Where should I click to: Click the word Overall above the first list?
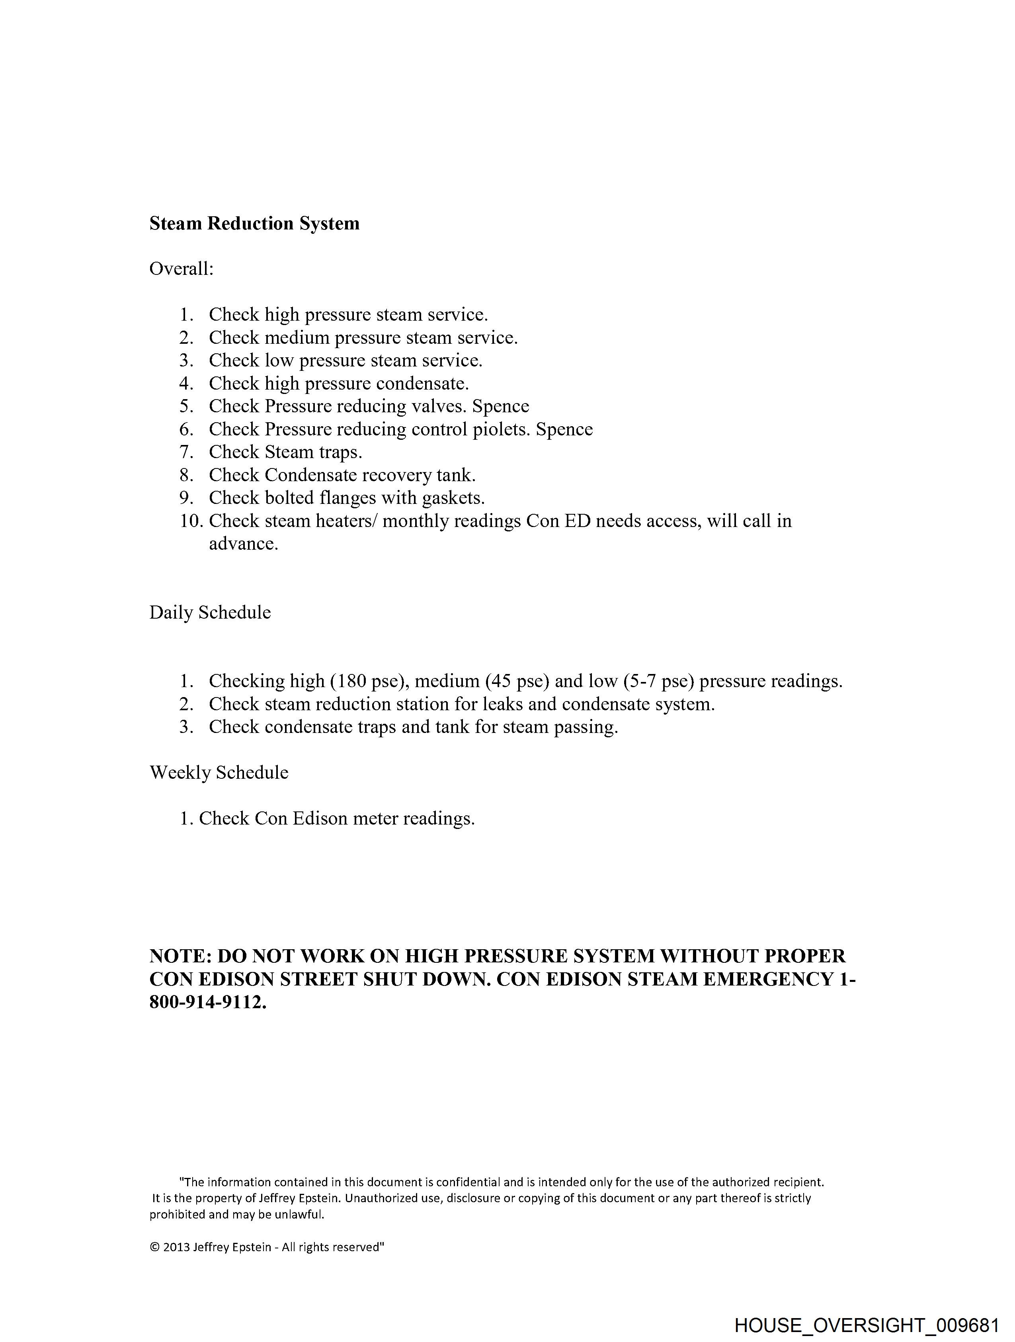point(180,269)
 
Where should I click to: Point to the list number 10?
point(191,521)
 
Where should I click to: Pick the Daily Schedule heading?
point(210,612)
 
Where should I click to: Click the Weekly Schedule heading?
point(219,772)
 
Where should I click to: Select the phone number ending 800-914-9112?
point(207,1002)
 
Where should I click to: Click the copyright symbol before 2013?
point(154,1247)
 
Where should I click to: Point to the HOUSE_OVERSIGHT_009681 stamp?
point(866,1326)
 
